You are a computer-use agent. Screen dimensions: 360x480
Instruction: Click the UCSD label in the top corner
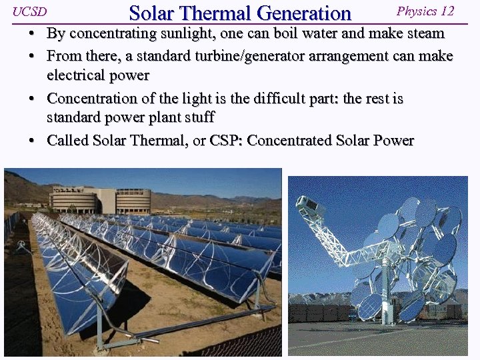tap(29, 12)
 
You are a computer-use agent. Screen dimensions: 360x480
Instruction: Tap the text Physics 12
tap(425, 11)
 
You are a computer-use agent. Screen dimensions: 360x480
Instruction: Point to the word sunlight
tap(181, 33)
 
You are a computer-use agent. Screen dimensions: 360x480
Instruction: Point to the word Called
tap(67, 141)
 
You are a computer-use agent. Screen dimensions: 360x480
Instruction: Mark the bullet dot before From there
tap(32, 56)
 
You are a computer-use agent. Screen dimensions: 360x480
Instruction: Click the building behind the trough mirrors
tap(100, 199)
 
